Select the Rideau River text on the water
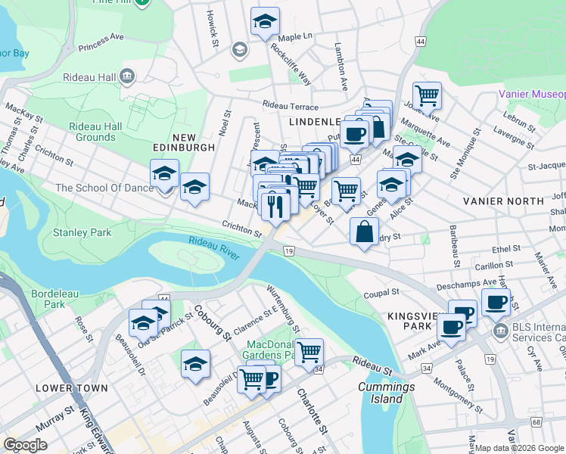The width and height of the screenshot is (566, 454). (214, 250)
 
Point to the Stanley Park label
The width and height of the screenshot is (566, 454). (82, 232)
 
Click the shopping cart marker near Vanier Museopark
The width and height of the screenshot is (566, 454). (427, 96)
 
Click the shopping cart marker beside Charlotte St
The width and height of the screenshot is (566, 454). (309, 352)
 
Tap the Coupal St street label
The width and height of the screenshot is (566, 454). (381, 291)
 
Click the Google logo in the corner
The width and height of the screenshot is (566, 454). (25, 444)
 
